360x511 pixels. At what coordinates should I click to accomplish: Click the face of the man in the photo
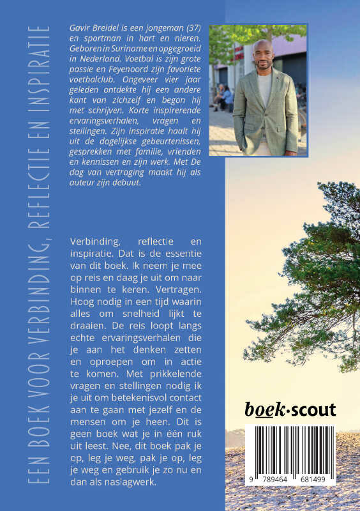click(264, 57)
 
